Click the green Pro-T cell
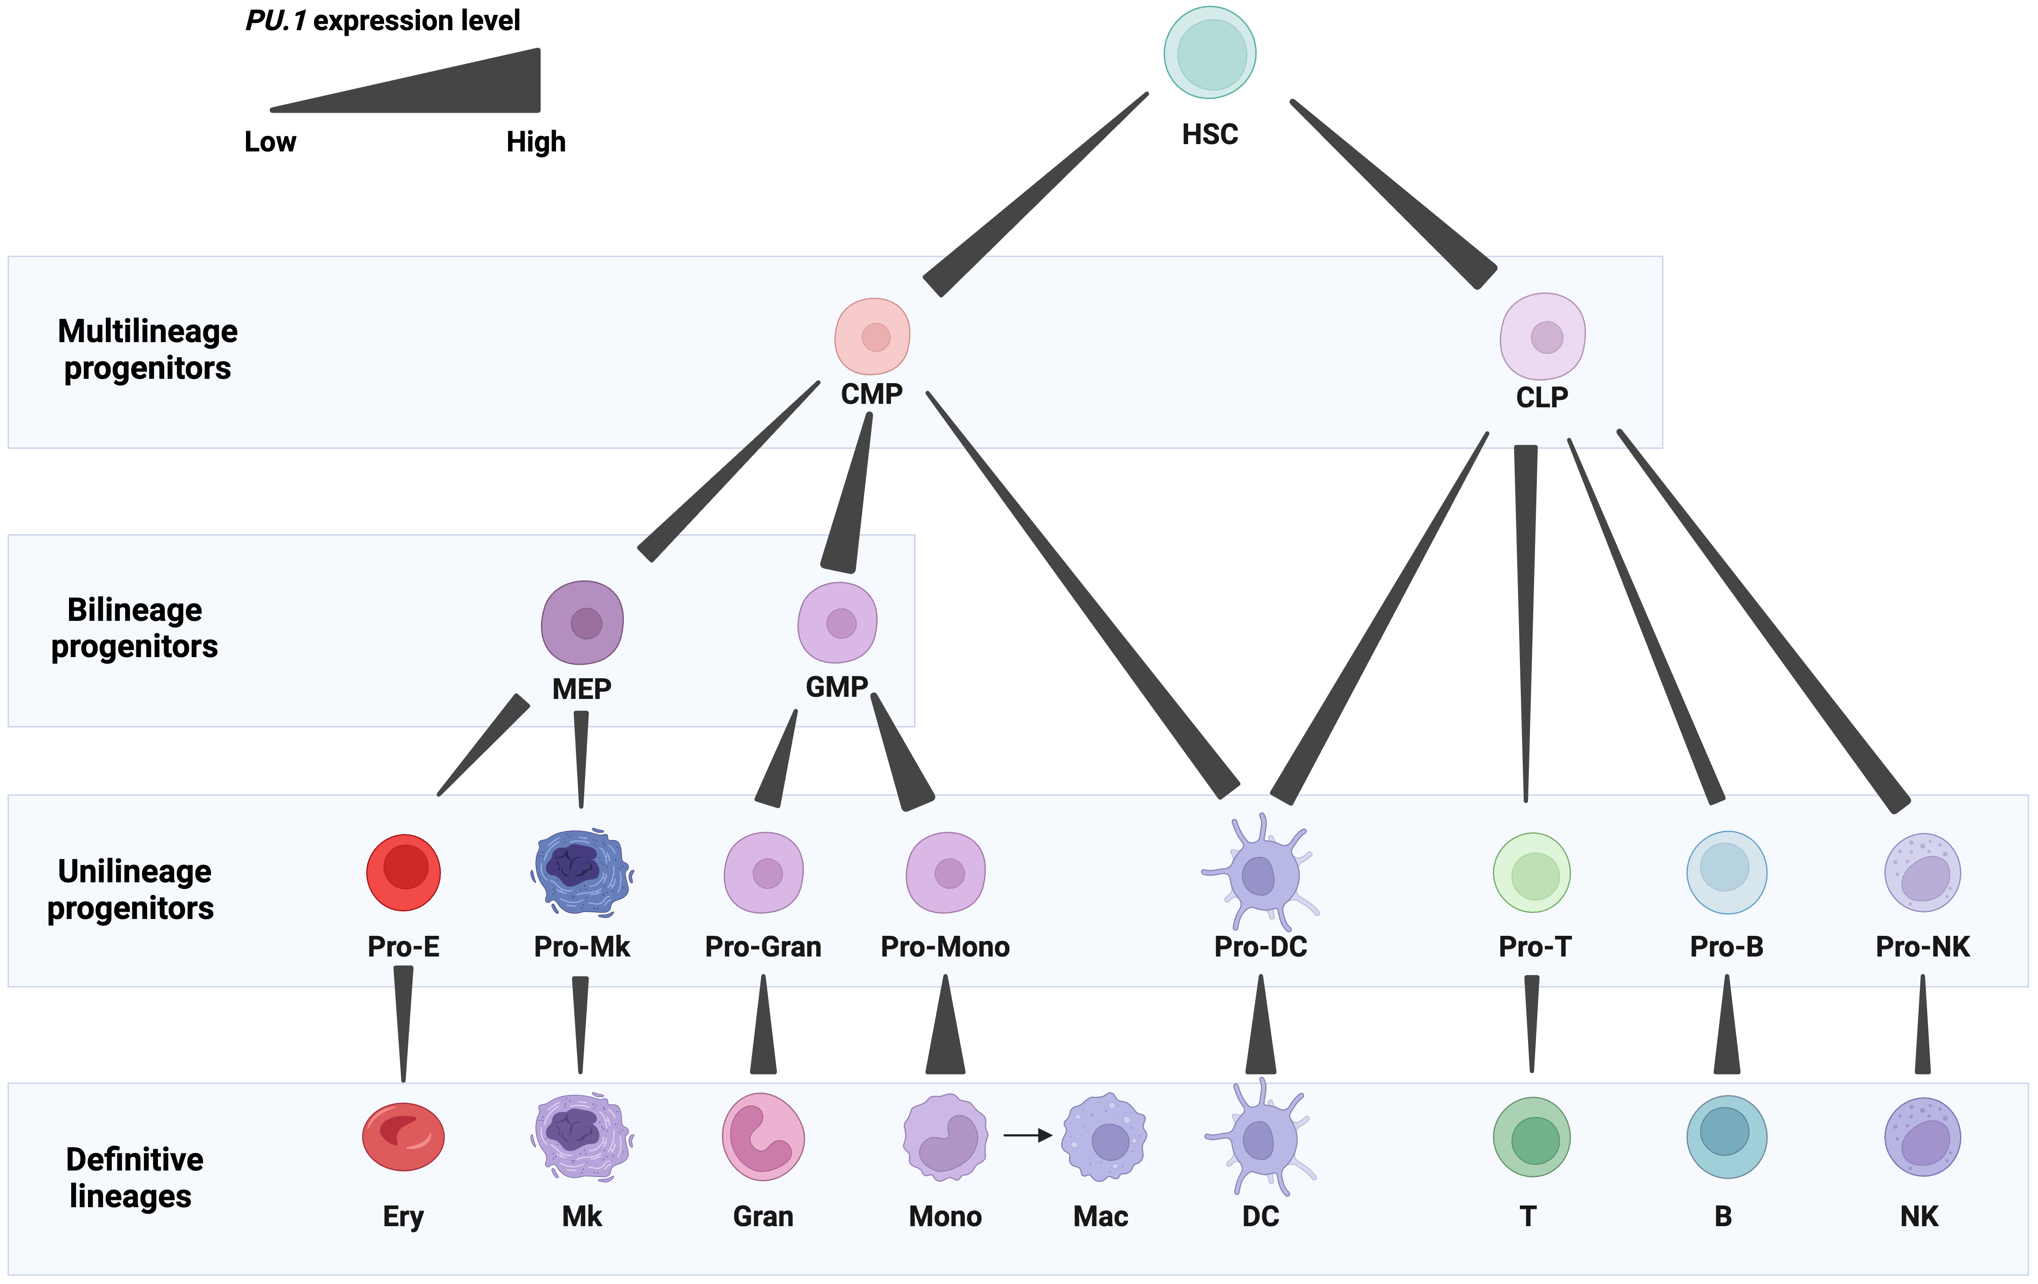click(x=1532, y=873)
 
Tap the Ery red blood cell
click(x=404, y=1137)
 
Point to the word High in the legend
click(x=536, y=142)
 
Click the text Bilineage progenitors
click(x=135, y=628)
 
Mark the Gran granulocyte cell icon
click(x=763, y=1137)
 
